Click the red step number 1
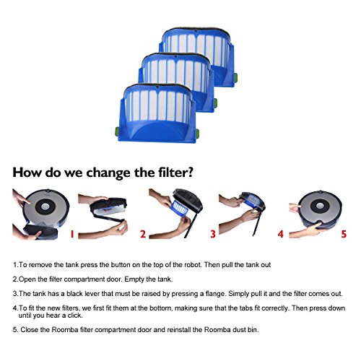coord(72,234)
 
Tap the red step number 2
coord(143,234)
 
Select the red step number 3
coord(213,234)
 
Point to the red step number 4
coord(281,234)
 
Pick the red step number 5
coord(344,234)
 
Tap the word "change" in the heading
coord(109,173)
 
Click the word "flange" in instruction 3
coord(216,294)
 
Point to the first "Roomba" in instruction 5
coord(65,330)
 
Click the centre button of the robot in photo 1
coord(45,206)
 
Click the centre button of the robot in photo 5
coord(320,206)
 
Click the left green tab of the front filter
coord(117,131)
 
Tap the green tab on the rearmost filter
coord(236,77)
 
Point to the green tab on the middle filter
coord(216,103)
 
